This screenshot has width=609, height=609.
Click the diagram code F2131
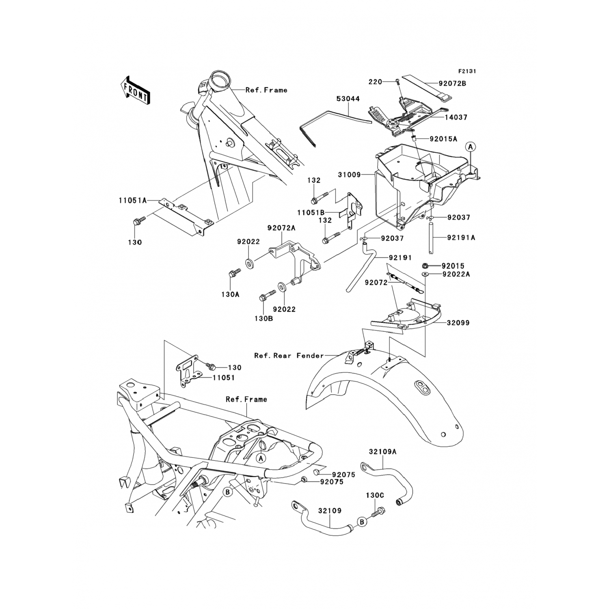click(x=467, y=71)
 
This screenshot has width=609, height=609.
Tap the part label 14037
click(x=456, y=117)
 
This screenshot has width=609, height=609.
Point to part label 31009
click(x=349, y=175)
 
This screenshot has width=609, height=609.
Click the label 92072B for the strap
click(x=452, y=83)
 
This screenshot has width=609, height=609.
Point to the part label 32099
click(x=458, y=323)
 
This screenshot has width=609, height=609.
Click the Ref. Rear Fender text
click(x=289, y=356)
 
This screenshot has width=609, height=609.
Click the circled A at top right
click(x=470, y=147)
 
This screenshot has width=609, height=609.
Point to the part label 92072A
click(x=281, y=229)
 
